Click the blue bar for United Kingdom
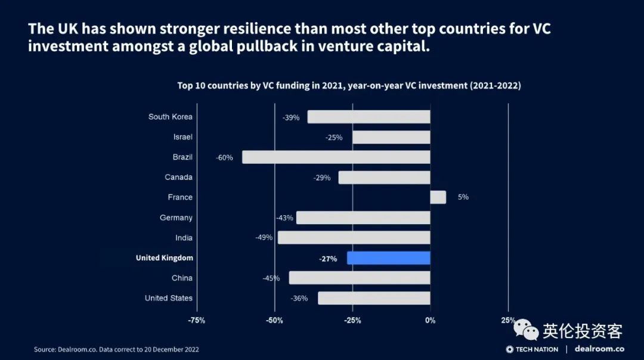pos(388,258)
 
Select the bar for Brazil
pos(336,157)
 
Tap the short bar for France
pos(438,197)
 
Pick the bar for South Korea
pos(369,117)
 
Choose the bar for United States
pos(374,298)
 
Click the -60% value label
pos(224,158)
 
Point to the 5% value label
pos(463,197)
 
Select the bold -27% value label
pos(328,259)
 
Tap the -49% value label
pos(264,238)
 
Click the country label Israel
pos(183,137)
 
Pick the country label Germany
pos(176,218)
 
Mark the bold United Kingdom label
pos(164,258)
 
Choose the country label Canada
pos(178,178)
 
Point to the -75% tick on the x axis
pos(196,321)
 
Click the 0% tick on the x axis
pos(430,321)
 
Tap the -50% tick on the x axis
pos(274,321)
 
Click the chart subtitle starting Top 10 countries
pos(349,86)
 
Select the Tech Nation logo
pos(532,349)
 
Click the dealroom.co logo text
pos(599,349)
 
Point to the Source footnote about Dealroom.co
pos(116,349)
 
